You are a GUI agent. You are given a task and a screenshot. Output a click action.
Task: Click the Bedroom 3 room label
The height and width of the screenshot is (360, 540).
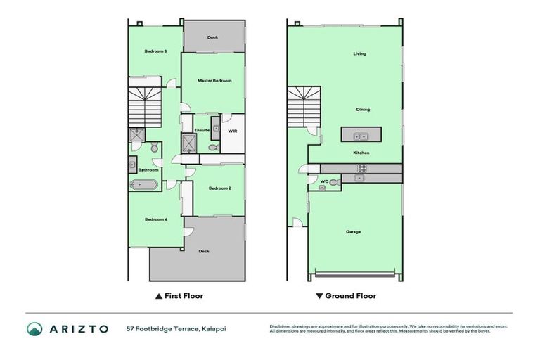click(155, 51)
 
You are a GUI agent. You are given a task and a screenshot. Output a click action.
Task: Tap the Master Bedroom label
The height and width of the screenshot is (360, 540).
click(214, 81)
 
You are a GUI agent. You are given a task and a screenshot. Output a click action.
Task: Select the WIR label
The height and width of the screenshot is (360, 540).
click(233, 131)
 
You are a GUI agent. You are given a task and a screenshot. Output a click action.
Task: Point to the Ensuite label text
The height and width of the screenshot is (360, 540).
click(202, 130)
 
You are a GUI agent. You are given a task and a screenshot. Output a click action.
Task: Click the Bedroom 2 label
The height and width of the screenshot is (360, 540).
click(220, 188)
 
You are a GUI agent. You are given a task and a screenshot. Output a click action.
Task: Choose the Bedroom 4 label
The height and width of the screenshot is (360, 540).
click(155, 219)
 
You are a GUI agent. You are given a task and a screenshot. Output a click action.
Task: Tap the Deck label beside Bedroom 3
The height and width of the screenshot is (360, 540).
click(212, 37)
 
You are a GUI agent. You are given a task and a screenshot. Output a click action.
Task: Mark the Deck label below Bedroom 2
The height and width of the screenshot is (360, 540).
click(204, 251)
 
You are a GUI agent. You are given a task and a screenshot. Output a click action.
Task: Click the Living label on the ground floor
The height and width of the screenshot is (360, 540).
click(359, 53)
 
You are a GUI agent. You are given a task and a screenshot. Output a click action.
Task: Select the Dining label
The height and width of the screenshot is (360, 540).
click(363, 110)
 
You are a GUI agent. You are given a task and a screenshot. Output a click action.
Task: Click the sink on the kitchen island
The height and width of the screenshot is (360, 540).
click(361, 136)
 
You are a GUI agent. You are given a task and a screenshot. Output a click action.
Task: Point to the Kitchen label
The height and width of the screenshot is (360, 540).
click(361, 153)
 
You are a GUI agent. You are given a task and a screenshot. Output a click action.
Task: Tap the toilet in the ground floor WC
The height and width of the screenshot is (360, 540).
click(333, 182)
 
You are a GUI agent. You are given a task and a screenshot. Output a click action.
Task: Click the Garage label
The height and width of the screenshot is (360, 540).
click(353, 231)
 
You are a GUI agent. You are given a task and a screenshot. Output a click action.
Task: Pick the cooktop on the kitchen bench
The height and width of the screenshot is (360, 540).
click(362, 168)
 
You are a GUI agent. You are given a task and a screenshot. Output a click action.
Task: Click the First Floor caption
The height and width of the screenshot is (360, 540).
click(184, 296)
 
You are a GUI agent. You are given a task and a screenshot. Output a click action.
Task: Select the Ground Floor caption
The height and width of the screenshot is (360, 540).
click(350, 296)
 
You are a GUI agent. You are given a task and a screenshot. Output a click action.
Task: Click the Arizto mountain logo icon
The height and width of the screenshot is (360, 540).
click(34, 328)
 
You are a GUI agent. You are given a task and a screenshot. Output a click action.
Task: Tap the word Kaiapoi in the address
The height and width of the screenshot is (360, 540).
click(214, 328)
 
